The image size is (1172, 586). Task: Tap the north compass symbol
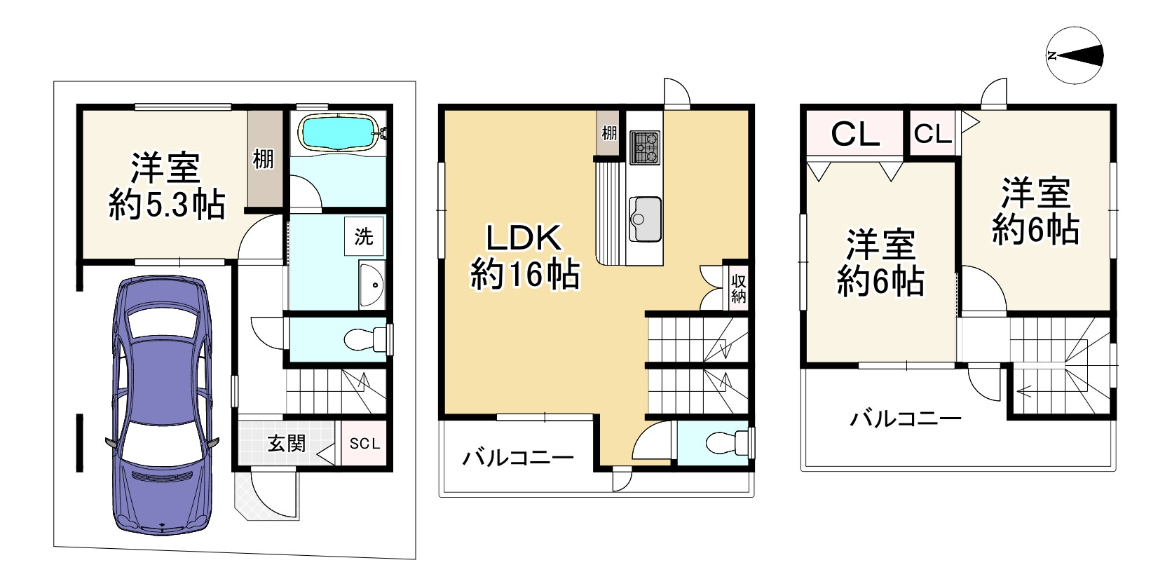(x=1075, y=56)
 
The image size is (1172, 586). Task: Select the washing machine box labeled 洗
(x=363, y=237)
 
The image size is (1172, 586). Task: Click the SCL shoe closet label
(x=364, y=444)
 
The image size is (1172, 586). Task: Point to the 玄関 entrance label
(x=287, y=443)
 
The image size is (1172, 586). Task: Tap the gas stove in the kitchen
(x=646, y=147)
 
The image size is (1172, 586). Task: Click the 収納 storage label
(x=738, y=288)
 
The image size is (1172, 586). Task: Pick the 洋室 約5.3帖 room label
(x=167, y=187)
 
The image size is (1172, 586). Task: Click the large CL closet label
(x=854, y=134)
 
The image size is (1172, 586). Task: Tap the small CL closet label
(x=933, y=134)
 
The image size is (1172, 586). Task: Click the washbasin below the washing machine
(x=372, y=285)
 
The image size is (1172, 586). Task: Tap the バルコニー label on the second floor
(x=517, y=458)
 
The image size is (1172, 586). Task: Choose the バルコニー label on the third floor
(x=906, y=420)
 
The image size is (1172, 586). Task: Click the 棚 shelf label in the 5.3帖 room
(x=264, y=159)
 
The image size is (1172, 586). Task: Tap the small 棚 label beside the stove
(x=609, y=132)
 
